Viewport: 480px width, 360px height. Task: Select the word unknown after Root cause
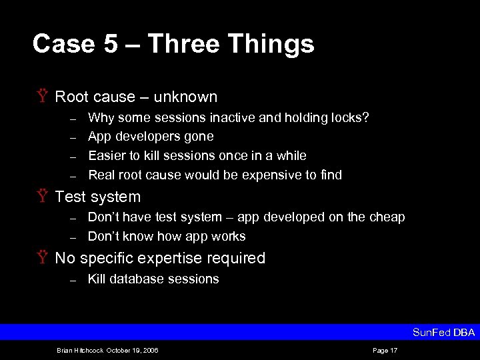pyautogui.click(x=185, y=97)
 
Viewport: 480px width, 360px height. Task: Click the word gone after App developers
pyautogui.click(x=200, y=137)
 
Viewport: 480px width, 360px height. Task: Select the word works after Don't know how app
pyautogui.click(x=229, y=236)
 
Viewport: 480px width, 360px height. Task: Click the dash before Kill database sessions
pyautogui.click(x=74, y=279)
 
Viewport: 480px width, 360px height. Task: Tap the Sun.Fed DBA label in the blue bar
pyautogui.click(x=443, y=332)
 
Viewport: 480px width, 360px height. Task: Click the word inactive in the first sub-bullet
pyautogui.click(x=232, y=117)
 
